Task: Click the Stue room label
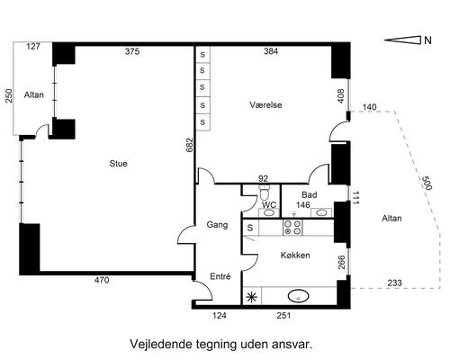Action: tap(118, 164)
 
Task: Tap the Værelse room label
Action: tap(266, 105)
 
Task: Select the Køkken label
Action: tap(295, 256)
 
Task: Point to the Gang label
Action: tap(217, 224)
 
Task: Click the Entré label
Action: tap(220, 276)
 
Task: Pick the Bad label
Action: tap(310, 194)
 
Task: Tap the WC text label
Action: tap(268, 205)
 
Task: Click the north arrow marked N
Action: tap(409, 40)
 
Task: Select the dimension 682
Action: tap(188, 146)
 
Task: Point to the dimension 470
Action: tap(102, 281)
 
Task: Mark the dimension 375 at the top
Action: tap(132, 52)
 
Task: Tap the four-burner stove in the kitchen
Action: tap(292, 228)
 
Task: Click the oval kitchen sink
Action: tap(299, 295)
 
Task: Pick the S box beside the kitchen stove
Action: tap(249, 229)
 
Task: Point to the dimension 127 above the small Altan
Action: tap(33, 46)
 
